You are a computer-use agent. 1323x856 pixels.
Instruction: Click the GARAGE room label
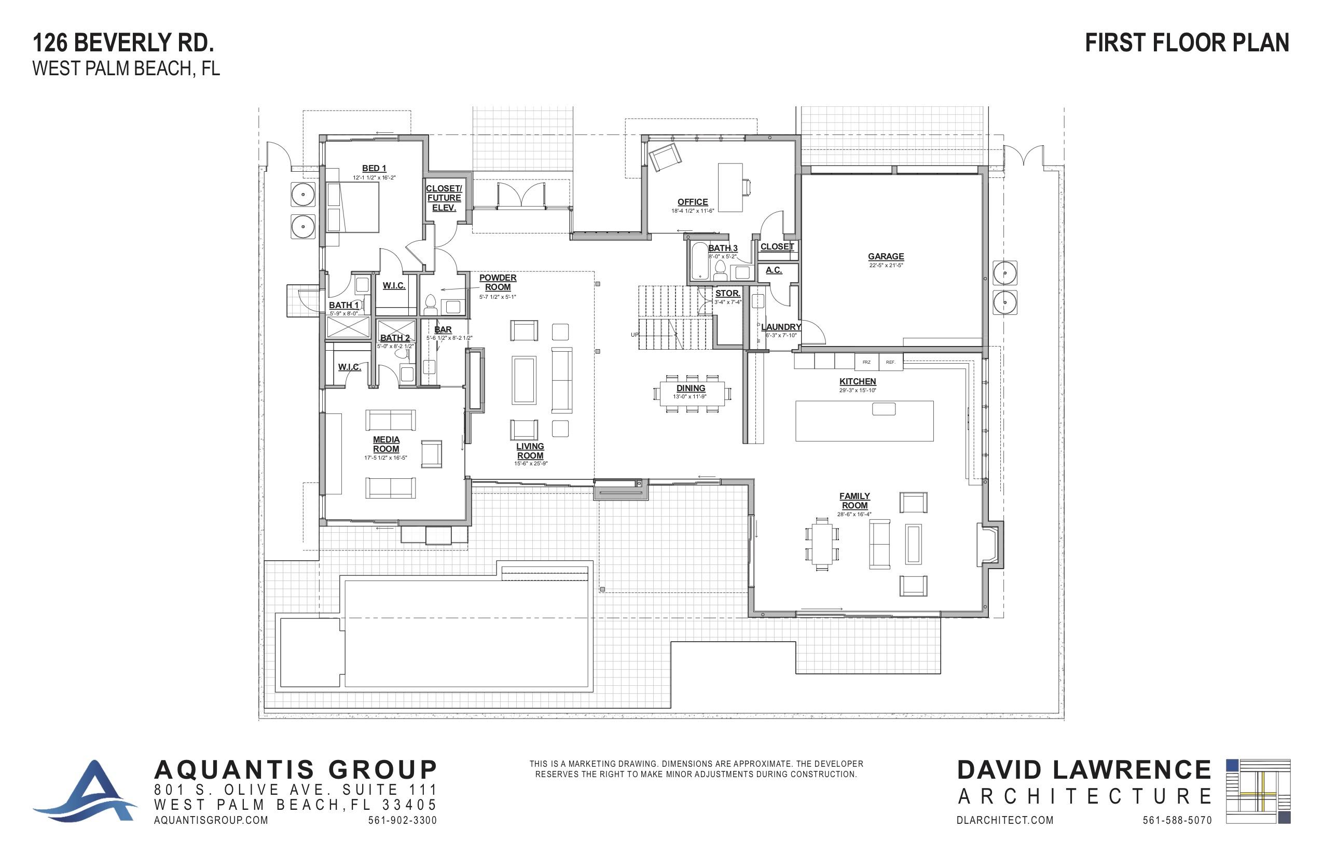(x=886, y=256)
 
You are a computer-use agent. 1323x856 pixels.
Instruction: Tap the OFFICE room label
(x=692, y=202)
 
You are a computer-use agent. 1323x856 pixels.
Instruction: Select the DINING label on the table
(x=691, y=388)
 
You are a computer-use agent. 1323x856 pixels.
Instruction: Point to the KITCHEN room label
(x=857, y=381)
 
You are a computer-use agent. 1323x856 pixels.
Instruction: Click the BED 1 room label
(x=374, y=168)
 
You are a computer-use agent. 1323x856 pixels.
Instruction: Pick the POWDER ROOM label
(x=498, y=282)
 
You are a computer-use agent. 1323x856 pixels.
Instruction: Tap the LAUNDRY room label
(x=780, y=327)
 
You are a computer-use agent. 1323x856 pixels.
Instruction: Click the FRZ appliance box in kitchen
(x=866, y=362)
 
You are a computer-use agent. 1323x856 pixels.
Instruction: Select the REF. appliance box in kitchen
(x=890, y=362)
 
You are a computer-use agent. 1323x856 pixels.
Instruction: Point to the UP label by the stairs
(x=634, y=335)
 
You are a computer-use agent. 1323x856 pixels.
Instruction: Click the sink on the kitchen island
(x=883, y=409)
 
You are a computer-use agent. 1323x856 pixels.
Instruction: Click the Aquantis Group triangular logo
(x=89, y=792)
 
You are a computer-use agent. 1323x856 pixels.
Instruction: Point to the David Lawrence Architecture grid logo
(x=1258, y=791)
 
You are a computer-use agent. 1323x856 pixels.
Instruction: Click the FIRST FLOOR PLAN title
(x=1187, y=43)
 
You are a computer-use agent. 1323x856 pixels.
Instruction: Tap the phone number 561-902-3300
(x=402, y=820)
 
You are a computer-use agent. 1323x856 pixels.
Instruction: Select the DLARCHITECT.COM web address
(x=1005, y=820)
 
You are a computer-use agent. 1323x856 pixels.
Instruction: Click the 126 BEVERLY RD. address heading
(x=123, y=43)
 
